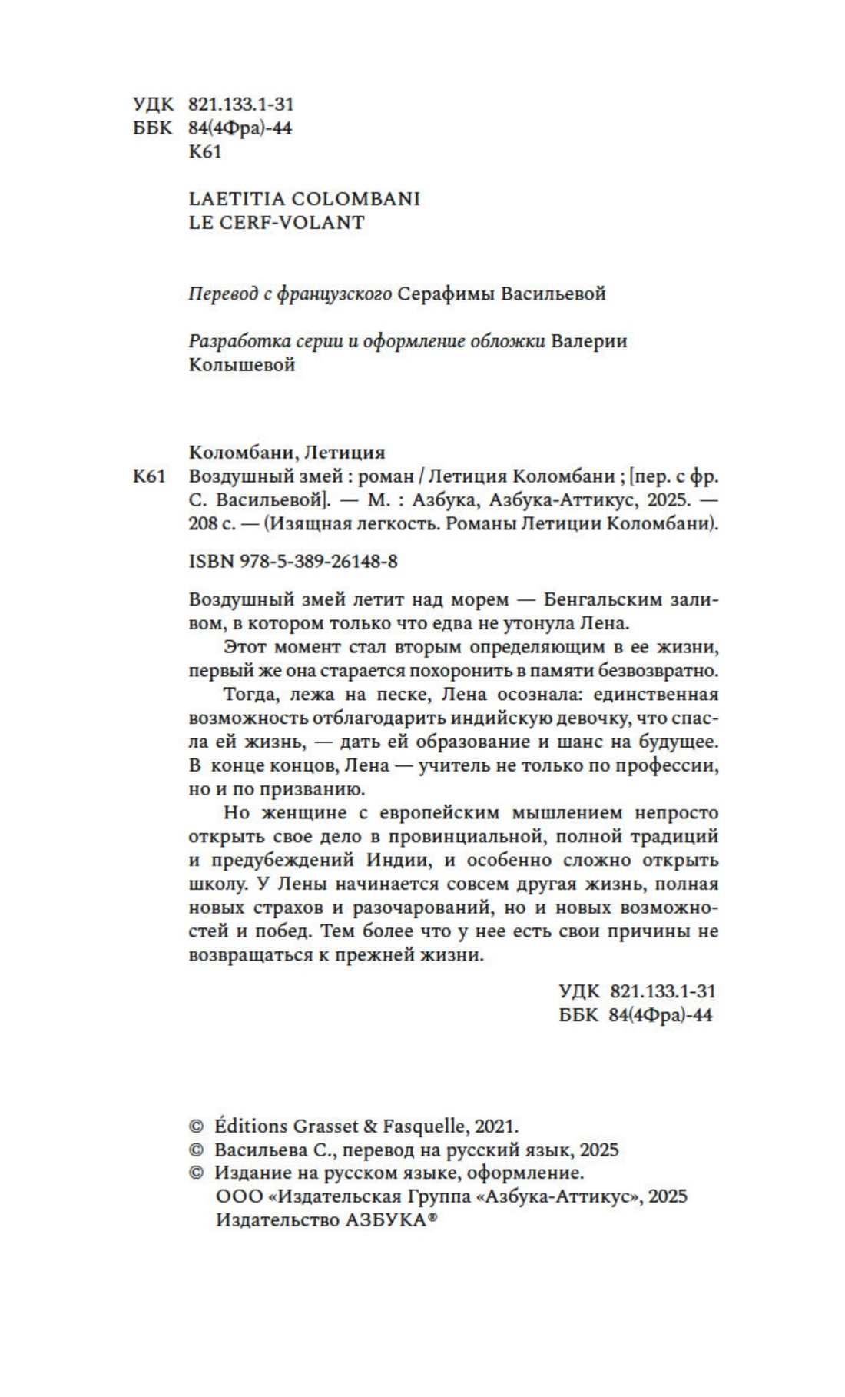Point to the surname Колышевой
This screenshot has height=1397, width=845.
coord(242,365)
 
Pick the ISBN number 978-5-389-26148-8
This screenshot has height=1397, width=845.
coord(318,561)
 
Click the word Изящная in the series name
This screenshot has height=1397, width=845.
coord(308,525)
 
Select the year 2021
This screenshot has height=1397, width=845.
coord(496,1127)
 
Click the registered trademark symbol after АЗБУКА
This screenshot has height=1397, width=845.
coord(432,1218)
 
